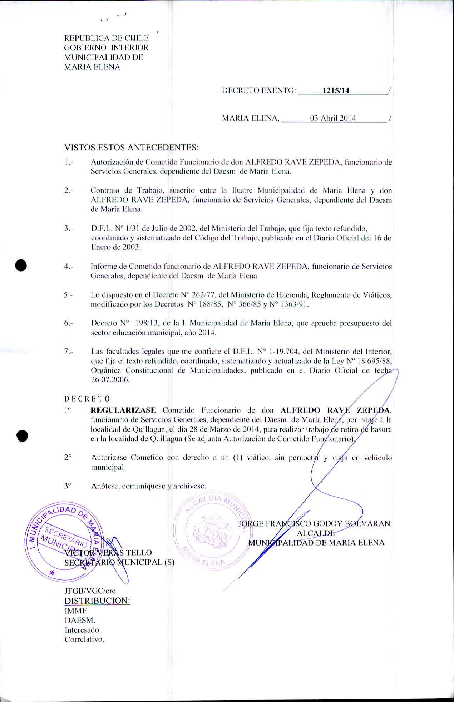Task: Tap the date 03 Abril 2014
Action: click(x=333, y=119)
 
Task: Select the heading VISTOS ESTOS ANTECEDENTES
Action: click(x=131, y=147)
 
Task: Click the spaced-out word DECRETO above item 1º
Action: click(x=87, y=399)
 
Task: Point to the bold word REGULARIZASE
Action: click(x=123, y=410)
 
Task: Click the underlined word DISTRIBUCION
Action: click(x=97, y=601)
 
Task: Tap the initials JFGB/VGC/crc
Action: click(x=90, y=591)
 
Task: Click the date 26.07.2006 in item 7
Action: click(x=110, y=380)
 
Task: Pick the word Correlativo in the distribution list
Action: click(x=84, y=639)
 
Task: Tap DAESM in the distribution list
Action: click(x=80, y=620)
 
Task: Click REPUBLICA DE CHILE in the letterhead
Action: click(x=106, y=38)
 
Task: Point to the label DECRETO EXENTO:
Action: click(x=259, y=90)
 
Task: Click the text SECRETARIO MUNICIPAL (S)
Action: click(x=119, y=562)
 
